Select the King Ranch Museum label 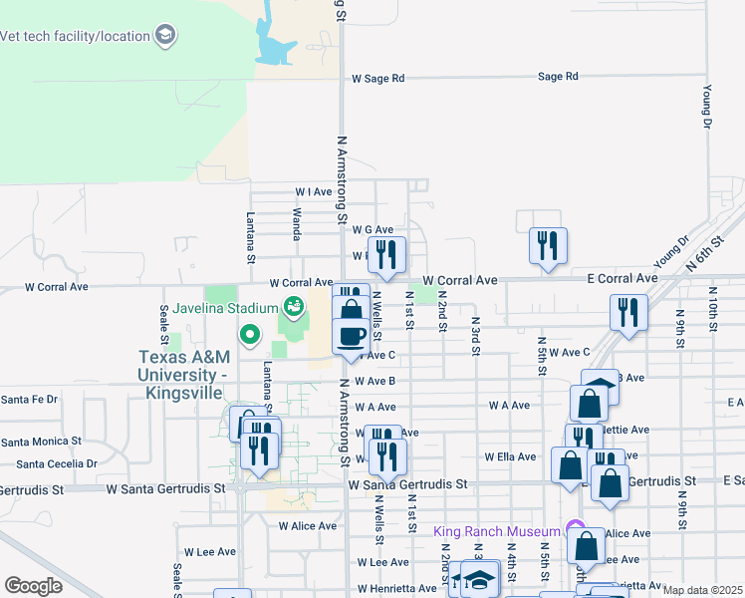(x=496, y=530)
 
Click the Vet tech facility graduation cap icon (x=165, y=37)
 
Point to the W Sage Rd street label (x=378, y=78)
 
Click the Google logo (x=33, y=586)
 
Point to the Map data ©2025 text (x=702, y=590)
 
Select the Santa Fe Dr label (x=30, y=399)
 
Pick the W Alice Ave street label (x=308, y=525)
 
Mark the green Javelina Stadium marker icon (x=294, y=305)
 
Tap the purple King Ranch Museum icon (x=572, y=527)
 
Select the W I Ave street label (x=313, y=191)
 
